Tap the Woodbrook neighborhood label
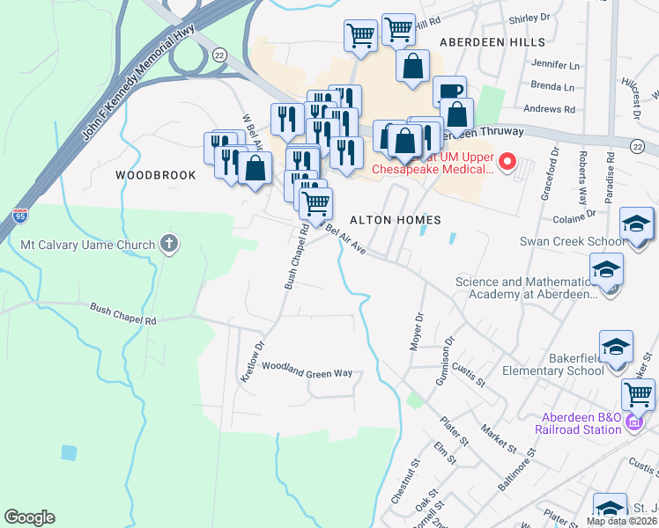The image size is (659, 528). [156, 175]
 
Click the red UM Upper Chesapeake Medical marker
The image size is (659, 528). [507, 161]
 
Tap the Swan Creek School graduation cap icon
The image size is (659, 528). [636, 224]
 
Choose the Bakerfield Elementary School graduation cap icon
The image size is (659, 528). [616, 347]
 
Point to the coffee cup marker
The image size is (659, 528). [449, 92]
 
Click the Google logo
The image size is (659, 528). [29, 517]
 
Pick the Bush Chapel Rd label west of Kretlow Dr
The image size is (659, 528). [122, 313]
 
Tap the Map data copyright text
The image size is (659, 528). [622, 521]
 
